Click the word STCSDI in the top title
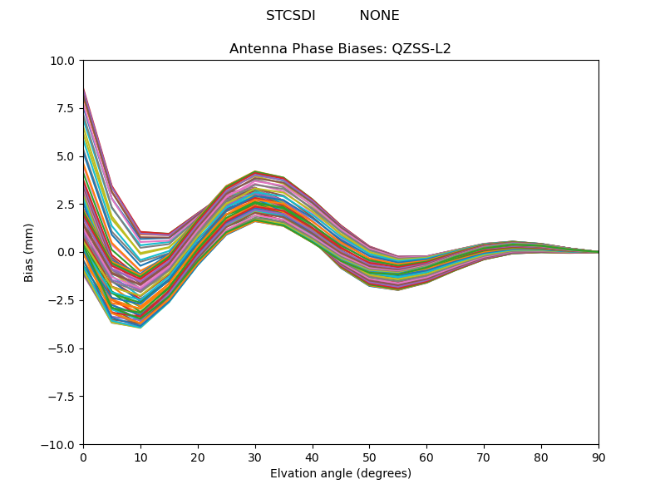click(x=290, y=16)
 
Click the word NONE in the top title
click(x=379, y=16)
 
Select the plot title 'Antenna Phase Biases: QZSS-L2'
click(x=340, y=49)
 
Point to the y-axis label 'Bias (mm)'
click(x=29, y=252)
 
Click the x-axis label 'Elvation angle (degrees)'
click(x=340, y=474)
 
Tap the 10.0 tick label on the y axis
click(x=62, y=61)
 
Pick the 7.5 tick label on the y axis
click(x=66, y=108)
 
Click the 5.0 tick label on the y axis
click(x=66, y=156)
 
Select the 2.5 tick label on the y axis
click(x=66, y=204)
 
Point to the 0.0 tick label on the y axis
click(x=66, y=252)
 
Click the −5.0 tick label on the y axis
click(x=62, y=348)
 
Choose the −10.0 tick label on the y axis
click(x=58, y=444)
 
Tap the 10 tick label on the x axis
click(x=140, y=457)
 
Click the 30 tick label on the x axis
click(x=255, y=457)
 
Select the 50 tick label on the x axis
click(x=369, y=457)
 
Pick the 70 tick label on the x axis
click(x=484, y=457)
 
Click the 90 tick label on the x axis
click(x=598, y=457)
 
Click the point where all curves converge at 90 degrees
click(x=598, y=252)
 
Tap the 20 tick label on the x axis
click(x=198, y=457)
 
